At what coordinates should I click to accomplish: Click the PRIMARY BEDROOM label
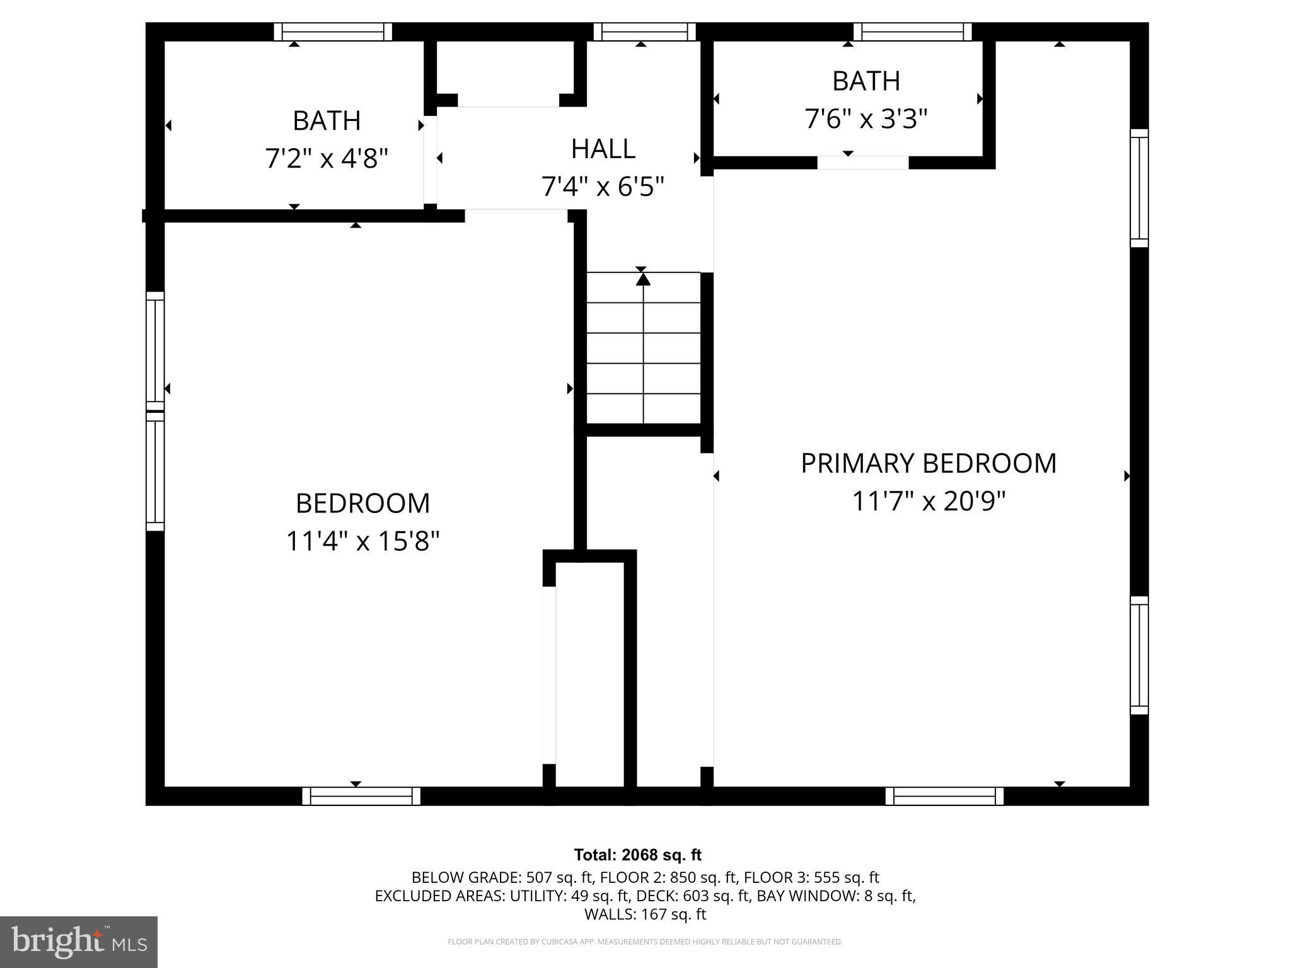928,463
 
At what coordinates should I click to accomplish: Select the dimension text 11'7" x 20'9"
928,502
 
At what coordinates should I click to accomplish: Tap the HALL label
603,149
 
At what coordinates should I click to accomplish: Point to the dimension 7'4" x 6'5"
603,187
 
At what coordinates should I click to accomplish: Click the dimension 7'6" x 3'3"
865,118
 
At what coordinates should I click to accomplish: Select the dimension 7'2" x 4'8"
326,158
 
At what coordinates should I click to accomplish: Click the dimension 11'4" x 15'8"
362,541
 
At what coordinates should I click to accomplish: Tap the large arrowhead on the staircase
642,279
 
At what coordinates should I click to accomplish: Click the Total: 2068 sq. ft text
637,855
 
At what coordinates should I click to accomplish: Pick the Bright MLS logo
79,942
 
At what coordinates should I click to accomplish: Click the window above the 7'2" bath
333,32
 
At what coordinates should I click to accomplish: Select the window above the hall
644,32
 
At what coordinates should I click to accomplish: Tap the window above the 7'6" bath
912,32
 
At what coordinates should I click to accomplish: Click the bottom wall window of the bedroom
361,796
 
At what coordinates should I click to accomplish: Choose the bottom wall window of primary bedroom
944,796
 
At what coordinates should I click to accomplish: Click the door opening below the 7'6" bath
862,163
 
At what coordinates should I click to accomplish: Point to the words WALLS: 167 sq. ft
645,914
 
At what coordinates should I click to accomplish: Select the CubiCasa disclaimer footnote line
645,942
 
